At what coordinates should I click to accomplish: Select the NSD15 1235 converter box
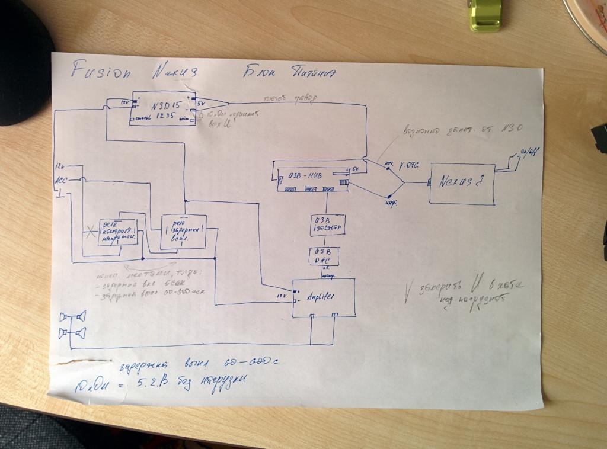(x=162, y=108)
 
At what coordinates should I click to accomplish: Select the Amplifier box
(x=324, y=297)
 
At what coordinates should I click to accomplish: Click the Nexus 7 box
(x=462, y=184)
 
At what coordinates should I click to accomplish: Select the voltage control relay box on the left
(x=119, y=230)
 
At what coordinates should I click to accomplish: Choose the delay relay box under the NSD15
(x=183, y=231)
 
